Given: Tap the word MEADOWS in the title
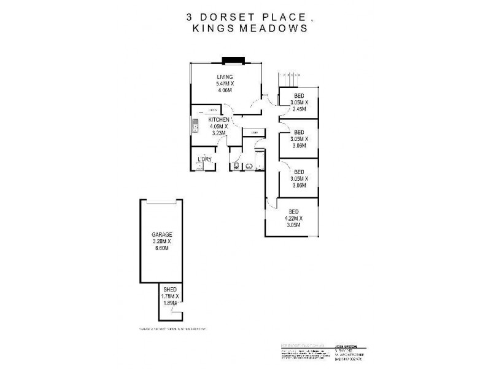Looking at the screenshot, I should point(274,28).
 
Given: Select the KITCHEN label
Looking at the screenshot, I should point(219,119).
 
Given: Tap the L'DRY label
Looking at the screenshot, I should point(204,160).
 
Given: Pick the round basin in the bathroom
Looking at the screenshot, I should point(250,165).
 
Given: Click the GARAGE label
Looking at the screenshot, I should point(162,234).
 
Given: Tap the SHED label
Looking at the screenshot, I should point(168,290).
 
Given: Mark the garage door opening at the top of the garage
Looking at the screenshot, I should point(162,202).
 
